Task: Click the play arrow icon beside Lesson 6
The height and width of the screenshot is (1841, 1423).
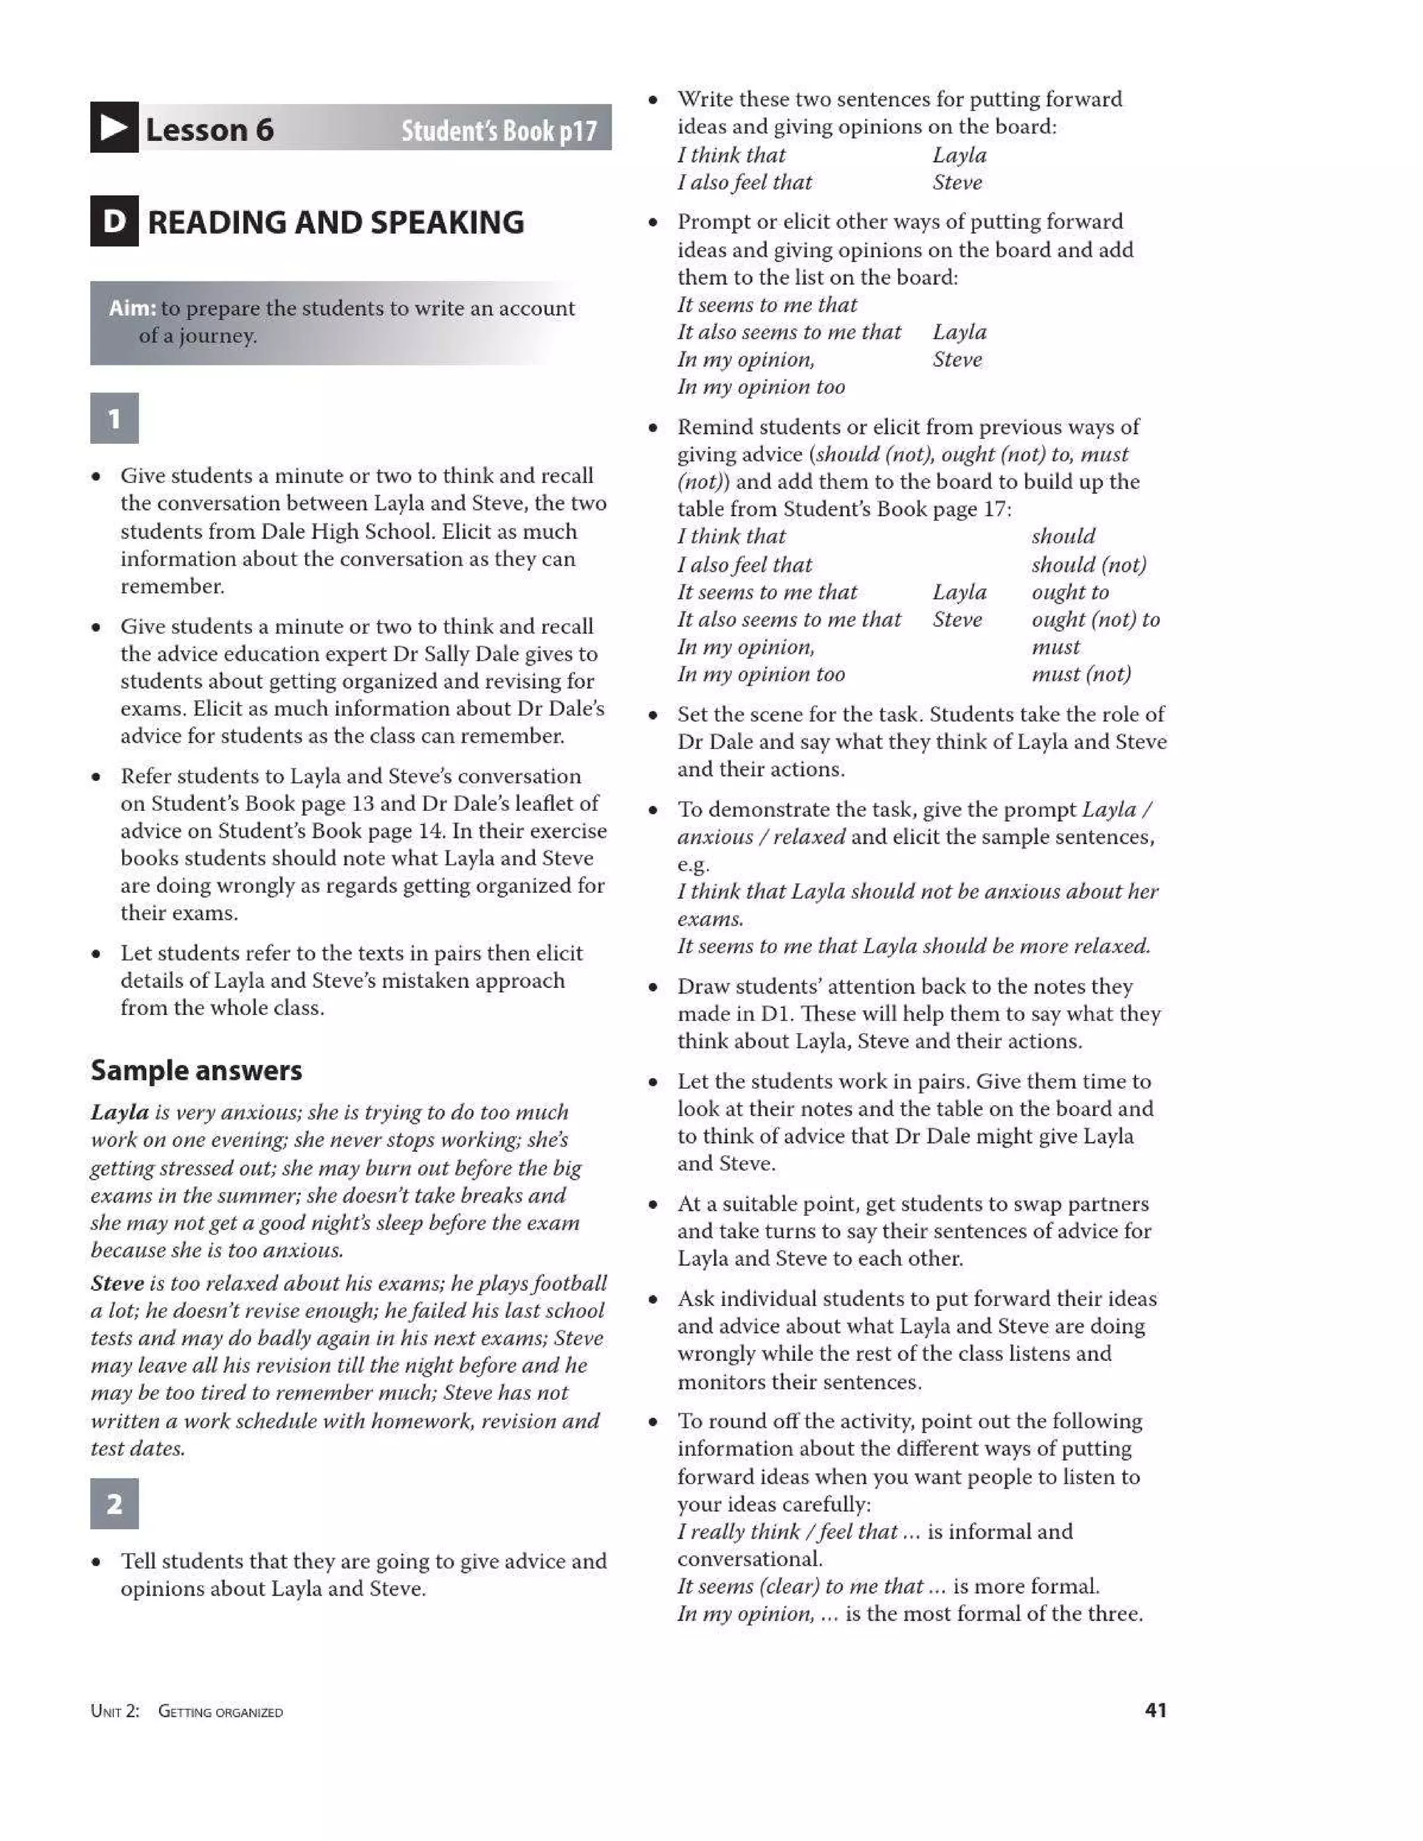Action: (114, 128)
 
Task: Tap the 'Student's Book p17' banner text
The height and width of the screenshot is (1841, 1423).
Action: (498, 131)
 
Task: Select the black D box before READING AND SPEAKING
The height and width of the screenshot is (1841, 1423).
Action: (114, 222)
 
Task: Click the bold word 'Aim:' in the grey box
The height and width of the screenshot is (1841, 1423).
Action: (132, 308)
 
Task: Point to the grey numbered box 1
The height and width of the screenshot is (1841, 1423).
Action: (114, 418)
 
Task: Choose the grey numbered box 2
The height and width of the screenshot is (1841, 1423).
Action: (114, 1504)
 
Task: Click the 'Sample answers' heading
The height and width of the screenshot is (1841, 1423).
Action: (195, 1071)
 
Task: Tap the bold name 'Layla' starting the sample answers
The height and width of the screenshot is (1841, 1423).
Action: (120, 1113)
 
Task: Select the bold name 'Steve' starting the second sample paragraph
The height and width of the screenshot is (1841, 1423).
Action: (117, 1284)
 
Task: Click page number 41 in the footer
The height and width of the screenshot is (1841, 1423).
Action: (1155, 1710)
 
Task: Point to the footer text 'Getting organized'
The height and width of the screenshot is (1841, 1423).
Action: (220, 1712)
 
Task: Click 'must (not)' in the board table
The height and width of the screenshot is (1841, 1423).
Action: (1080, 675)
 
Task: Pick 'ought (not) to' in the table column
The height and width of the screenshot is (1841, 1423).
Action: (1095, 620)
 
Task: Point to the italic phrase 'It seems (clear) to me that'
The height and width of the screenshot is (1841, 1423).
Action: (800, 1587)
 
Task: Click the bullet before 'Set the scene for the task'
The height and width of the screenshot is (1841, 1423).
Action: (652, 716)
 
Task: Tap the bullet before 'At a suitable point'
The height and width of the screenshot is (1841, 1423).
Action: (652, 1205)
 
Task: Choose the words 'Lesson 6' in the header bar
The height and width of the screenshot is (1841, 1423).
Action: (209, 130)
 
